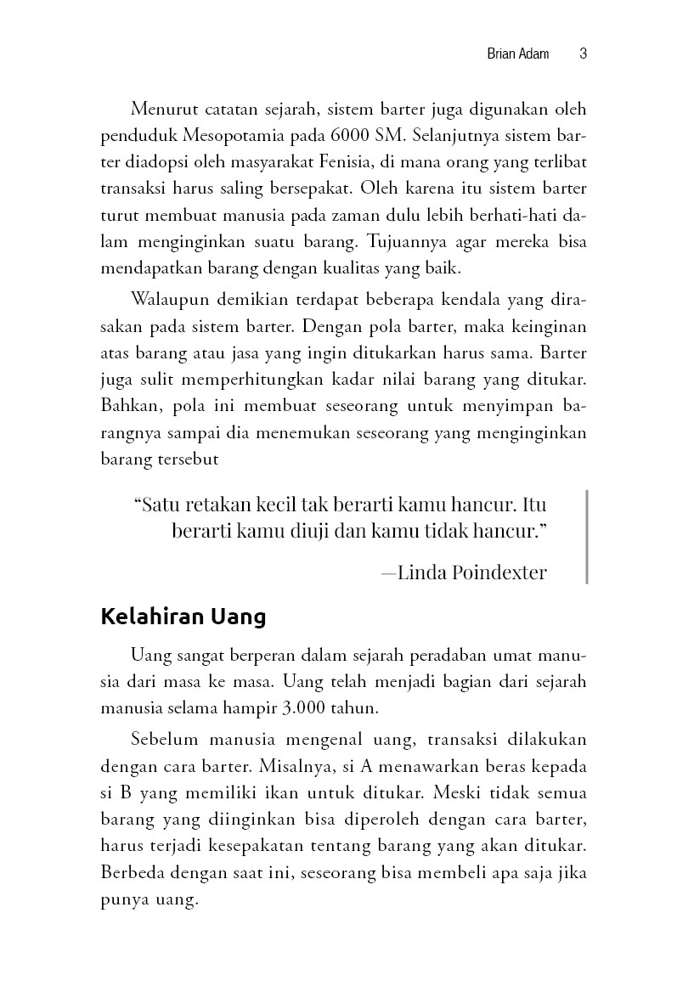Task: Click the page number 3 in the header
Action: tap(583, 54)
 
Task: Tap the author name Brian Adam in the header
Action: tap(518, 54)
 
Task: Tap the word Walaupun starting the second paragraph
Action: tap(166, 301)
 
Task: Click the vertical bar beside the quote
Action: tap(587, 536)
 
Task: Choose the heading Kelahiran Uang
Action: tap(183, 617)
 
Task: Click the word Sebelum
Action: tap(162, 741)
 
